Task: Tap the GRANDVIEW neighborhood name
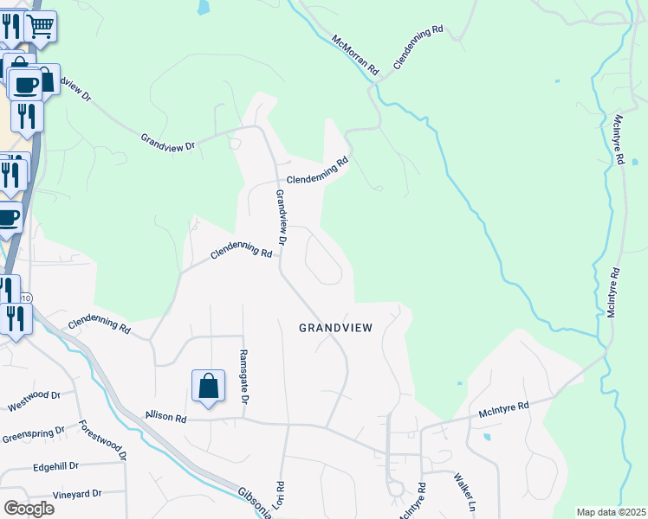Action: (336, 328)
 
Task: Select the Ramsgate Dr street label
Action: (243, 378)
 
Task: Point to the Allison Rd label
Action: (166, 417)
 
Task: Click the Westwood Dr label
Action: (34, 400)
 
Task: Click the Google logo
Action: (28, 508)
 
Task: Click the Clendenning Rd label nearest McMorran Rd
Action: (418, 48)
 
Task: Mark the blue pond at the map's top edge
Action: (203, 7)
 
